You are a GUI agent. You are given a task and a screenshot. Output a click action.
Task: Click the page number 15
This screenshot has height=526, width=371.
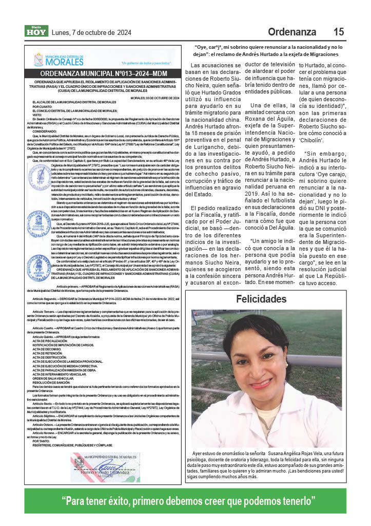(339, 32)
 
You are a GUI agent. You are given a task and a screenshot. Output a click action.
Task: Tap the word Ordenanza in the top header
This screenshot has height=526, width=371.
(292, 32)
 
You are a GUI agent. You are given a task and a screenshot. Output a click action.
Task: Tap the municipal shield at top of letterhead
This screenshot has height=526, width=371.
(40, 60)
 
